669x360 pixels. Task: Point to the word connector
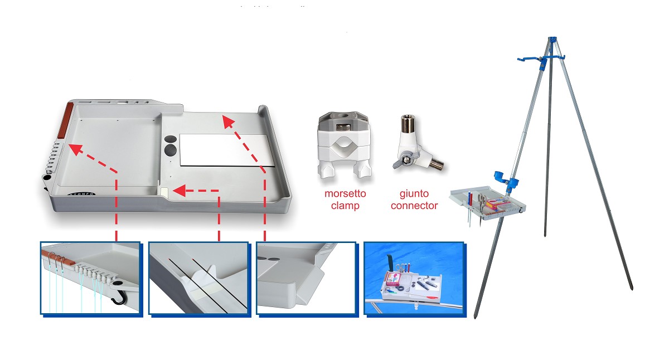click(414, 206)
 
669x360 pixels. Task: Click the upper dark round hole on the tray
click(171, 138)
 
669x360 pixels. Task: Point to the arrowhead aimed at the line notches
click(74, 148)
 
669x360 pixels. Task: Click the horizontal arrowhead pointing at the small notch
click(179, 191)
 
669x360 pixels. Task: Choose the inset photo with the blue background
click(413, 279)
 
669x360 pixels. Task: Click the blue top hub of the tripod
click(552, 41)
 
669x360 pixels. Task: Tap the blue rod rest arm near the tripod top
click(530, 59)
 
